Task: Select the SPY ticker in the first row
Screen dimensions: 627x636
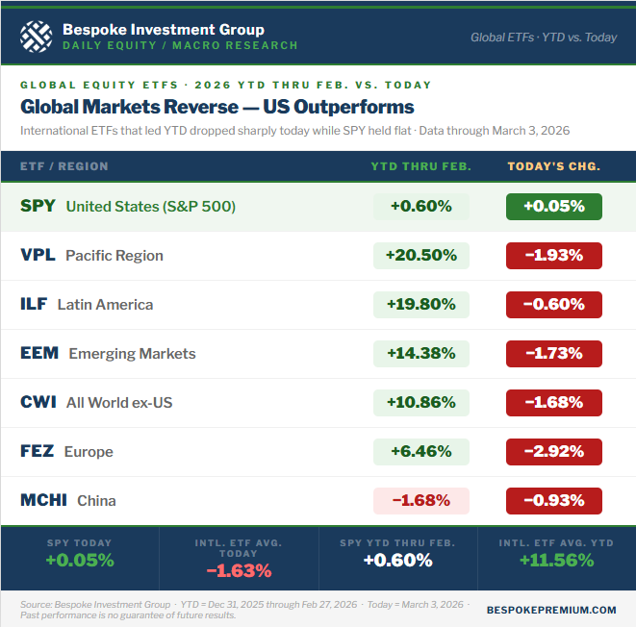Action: (x=38, y=206)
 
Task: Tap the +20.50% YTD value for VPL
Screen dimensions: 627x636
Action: (x=420, y=255)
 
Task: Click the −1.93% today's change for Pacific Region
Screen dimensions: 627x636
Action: (x=554, y=255)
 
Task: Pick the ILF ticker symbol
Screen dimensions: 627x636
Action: (x=34, y=304)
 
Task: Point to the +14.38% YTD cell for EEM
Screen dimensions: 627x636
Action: (x=420, y=353)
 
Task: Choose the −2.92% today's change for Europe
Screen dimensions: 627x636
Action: (x=554, y=451)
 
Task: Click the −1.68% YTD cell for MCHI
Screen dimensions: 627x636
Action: (x=420, y=500)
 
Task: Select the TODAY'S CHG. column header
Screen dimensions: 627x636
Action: (x=554, y=166)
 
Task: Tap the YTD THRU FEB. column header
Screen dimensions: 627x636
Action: (x=421, y=166)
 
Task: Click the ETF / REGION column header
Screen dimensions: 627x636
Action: (x=64, y=166)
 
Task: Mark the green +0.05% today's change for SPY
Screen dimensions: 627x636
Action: (x=554, y=206)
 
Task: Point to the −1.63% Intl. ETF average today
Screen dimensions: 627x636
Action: (x=238, y=570)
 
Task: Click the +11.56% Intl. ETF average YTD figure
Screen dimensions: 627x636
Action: (x=556, y=560)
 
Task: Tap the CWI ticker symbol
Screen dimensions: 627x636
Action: (x=38, y=402)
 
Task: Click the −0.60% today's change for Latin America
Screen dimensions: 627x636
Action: (x=554, y=304)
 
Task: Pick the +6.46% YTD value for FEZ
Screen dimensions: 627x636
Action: (x=420, y=451)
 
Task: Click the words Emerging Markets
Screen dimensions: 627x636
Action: (x=132, y=353)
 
